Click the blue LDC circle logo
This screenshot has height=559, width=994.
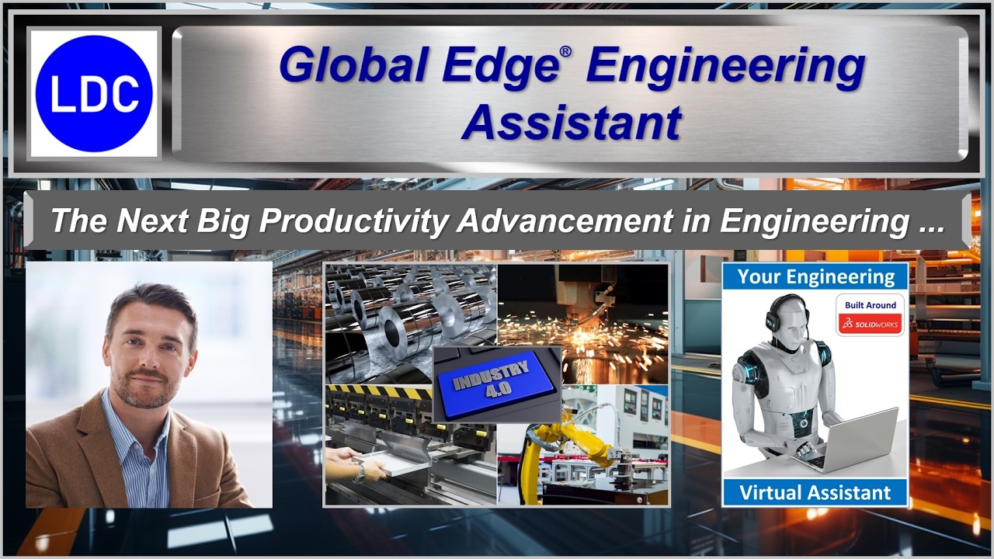[94, 93]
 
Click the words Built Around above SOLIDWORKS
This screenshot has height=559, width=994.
[870, 305]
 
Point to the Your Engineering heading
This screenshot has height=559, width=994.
[815, 276]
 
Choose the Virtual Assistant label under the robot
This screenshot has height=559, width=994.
[815, 492]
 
